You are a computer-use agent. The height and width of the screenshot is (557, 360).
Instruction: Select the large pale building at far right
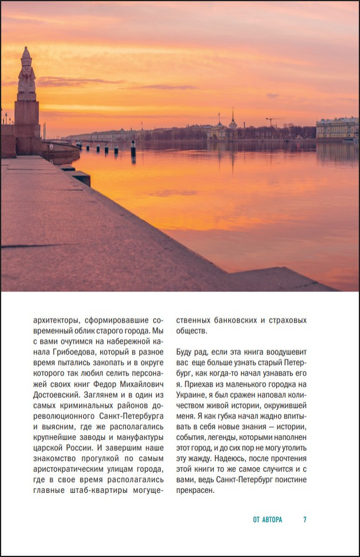337,128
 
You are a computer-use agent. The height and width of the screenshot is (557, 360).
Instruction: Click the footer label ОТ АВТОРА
267,520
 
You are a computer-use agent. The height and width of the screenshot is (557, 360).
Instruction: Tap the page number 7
305,520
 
